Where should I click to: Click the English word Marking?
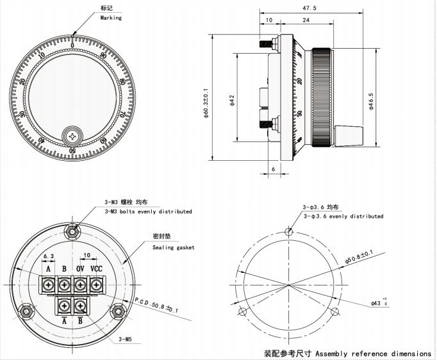(110, 19)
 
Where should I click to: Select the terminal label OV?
(80, 268)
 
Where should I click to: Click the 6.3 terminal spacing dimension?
(48, 256)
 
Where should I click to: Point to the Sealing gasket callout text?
(173, 247)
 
